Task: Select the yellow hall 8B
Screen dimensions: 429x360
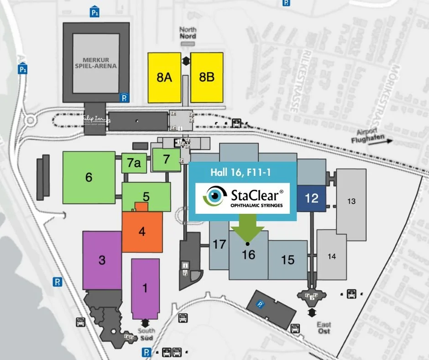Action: pos(207,77)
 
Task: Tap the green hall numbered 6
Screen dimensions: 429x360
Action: pos(89,177)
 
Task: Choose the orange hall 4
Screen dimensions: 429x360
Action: pos(142,232)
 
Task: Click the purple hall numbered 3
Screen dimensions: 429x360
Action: pos(102,260)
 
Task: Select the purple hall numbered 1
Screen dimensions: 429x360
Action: pos(145,288)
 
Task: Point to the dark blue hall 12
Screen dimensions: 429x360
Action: pos(311,198)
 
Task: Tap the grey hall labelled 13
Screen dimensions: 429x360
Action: pos(351,201)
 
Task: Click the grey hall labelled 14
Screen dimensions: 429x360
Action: pos(332,256)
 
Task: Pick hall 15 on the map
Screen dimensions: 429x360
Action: pos(288,260)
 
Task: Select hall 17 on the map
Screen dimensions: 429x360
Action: pos(220,244)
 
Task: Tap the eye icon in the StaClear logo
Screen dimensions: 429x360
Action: pos(213,196)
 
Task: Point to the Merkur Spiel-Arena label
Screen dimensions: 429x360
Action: pos(100,63)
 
